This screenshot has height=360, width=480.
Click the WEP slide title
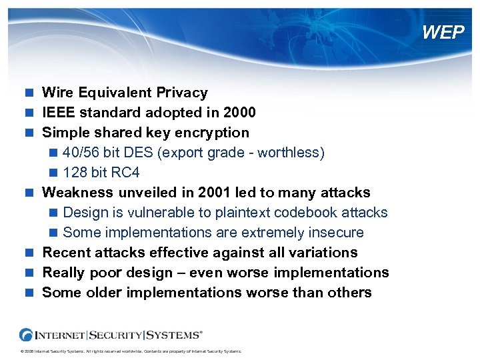point(443,32)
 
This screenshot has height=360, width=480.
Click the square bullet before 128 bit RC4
point(53,173)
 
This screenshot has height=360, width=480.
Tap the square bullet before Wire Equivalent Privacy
point(29,93)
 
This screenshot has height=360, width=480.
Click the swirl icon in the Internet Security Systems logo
point(27,335)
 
